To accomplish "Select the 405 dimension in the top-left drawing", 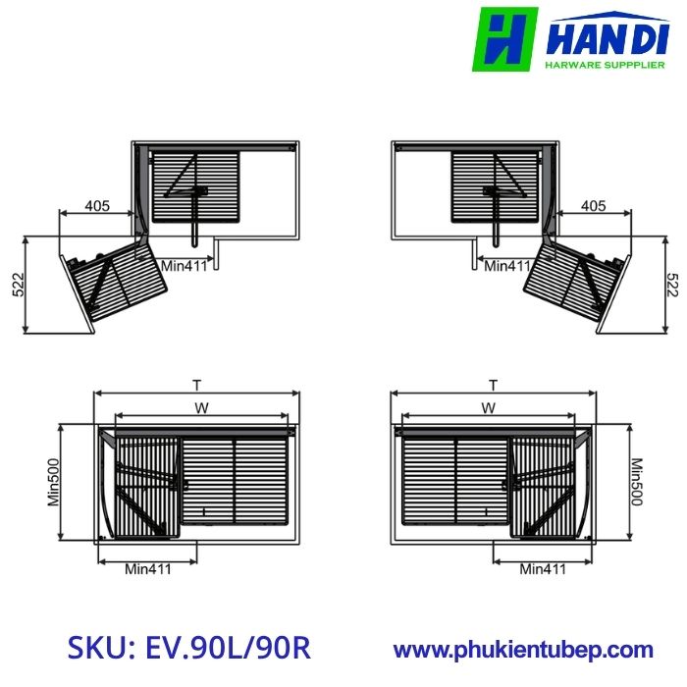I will pos(96,206).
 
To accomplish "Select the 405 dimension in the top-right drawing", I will pos(593,206).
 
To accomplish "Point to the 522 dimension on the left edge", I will pos(17,284).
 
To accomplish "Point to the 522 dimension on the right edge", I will pos(672,284).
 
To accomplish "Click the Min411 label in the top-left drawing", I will pos(185,265).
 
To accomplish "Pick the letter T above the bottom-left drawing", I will pos(196,385).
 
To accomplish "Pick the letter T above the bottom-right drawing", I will pos(493,385).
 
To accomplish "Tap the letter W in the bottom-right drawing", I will pos(488,407).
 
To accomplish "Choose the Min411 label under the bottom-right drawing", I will pos(543,568).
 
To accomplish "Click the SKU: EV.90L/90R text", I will pos(189,648).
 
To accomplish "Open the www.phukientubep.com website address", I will pos(522,649).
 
